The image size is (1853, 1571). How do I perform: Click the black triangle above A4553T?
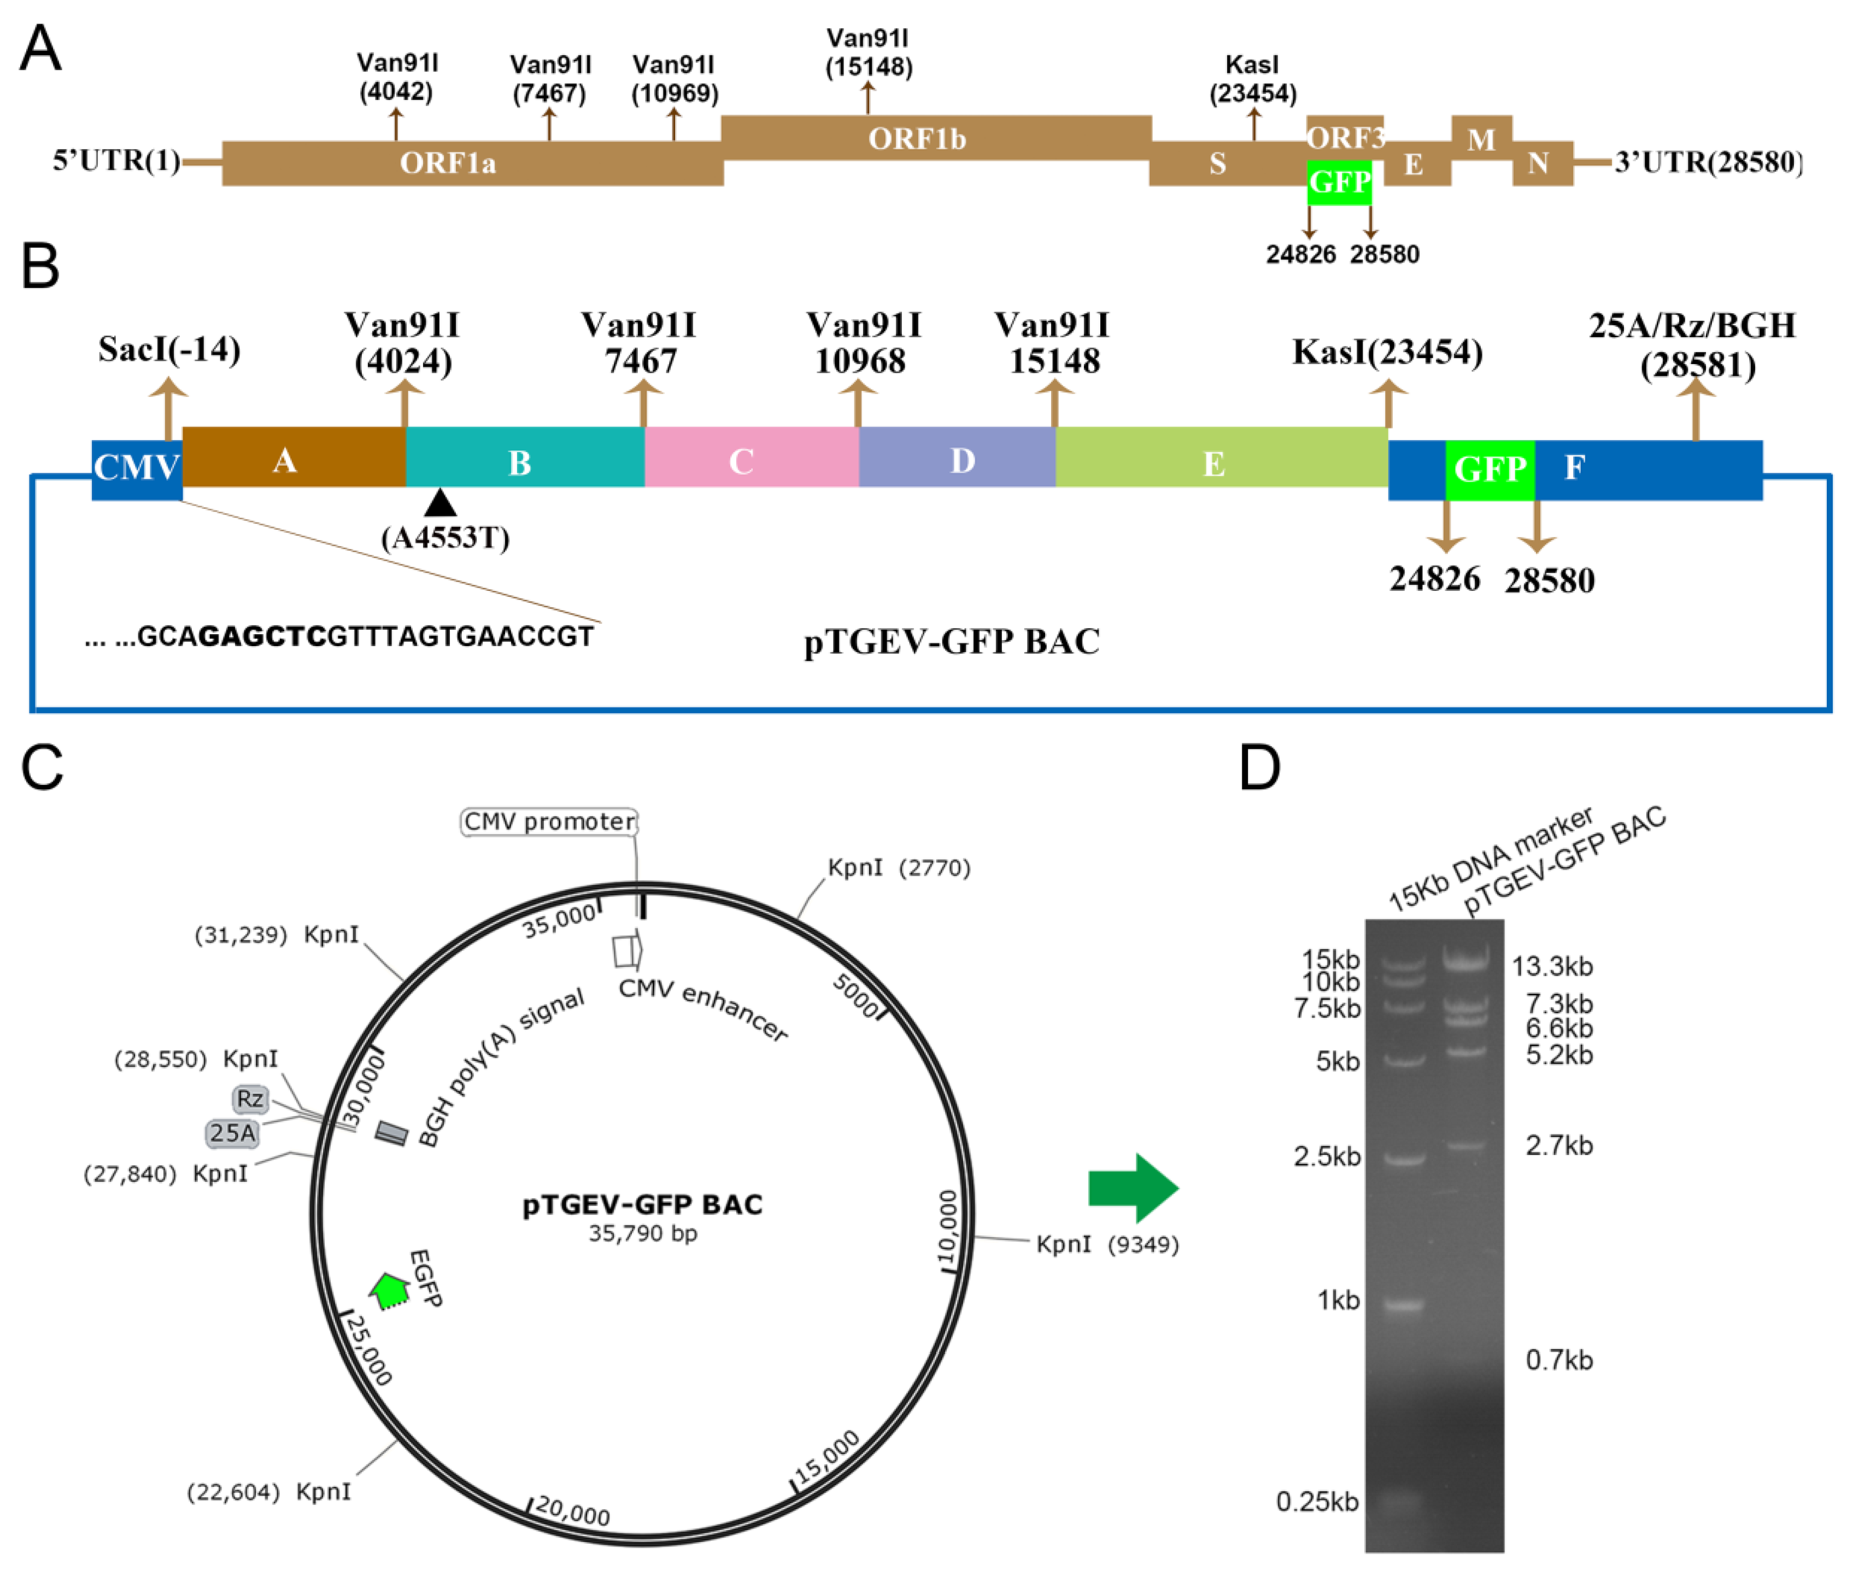click(440, 503)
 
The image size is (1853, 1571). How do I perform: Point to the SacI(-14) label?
click(169, 349)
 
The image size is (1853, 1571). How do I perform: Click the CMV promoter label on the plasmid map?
click(549, 821)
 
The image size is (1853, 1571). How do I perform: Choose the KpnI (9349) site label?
click(1107, 1244)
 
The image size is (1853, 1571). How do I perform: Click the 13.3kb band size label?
click(1552, 965)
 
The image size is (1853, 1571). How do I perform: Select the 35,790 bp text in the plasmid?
click(642, 1234)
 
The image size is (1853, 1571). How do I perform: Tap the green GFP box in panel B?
click(1489, 468)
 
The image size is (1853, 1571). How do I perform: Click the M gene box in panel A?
click(1481, 138)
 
